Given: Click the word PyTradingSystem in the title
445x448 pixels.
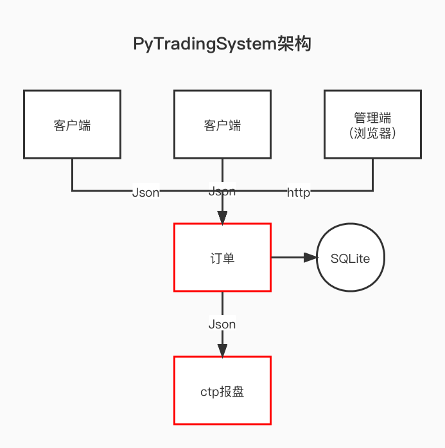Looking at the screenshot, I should click(x=204, y=44).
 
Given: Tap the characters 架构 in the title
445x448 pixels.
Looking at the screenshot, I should click(x=294, y=44).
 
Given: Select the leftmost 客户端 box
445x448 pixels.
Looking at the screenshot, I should click(x=72, y=124).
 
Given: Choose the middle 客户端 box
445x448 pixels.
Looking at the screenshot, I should click(x=222, y=124).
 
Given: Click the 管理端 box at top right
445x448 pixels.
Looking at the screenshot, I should click(x=372, y=124).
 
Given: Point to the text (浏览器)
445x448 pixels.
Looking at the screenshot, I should click(x=372, y=134).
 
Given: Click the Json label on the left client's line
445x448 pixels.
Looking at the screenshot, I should click(x=145, y=192).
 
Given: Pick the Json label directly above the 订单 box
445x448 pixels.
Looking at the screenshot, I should click(x=222, y=191).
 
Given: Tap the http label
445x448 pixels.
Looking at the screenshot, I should click(x=299, y=192).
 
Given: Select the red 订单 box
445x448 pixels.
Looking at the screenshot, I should click(x=222, y=257).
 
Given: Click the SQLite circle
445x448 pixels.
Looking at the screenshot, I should click(x=350, y=258).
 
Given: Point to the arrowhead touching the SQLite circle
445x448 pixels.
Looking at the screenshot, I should click(x=311, y=258).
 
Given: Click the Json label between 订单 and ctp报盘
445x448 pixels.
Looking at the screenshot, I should click(x=222, y=325).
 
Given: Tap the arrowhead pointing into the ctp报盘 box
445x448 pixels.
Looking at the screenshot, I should click(x=222, y=350).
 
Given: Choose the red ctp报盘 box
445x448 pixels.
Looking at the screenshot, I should click(x=222, y=391).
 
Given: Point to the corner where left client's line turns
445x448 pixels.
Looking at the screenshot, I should click(x=72, y=190).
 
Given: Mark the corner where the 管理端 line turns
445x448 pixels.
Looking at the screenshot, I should click(x=372, y=190).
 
